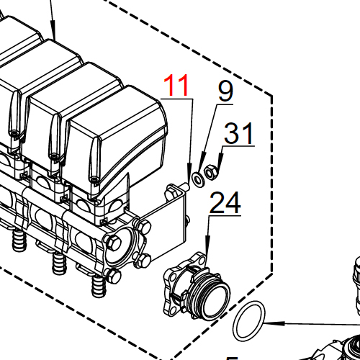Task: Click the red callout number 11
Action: (x=177, y=86)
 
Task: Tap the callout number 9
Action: (x=226, y=91)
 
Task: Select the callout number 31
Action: (x=239, y=133)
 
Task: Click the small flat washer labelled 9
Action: (x=197, y=178)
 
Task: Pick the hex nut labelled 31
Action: (x=211, y=172)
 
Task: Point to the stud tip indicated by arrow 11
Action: (x=186, y=185)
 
